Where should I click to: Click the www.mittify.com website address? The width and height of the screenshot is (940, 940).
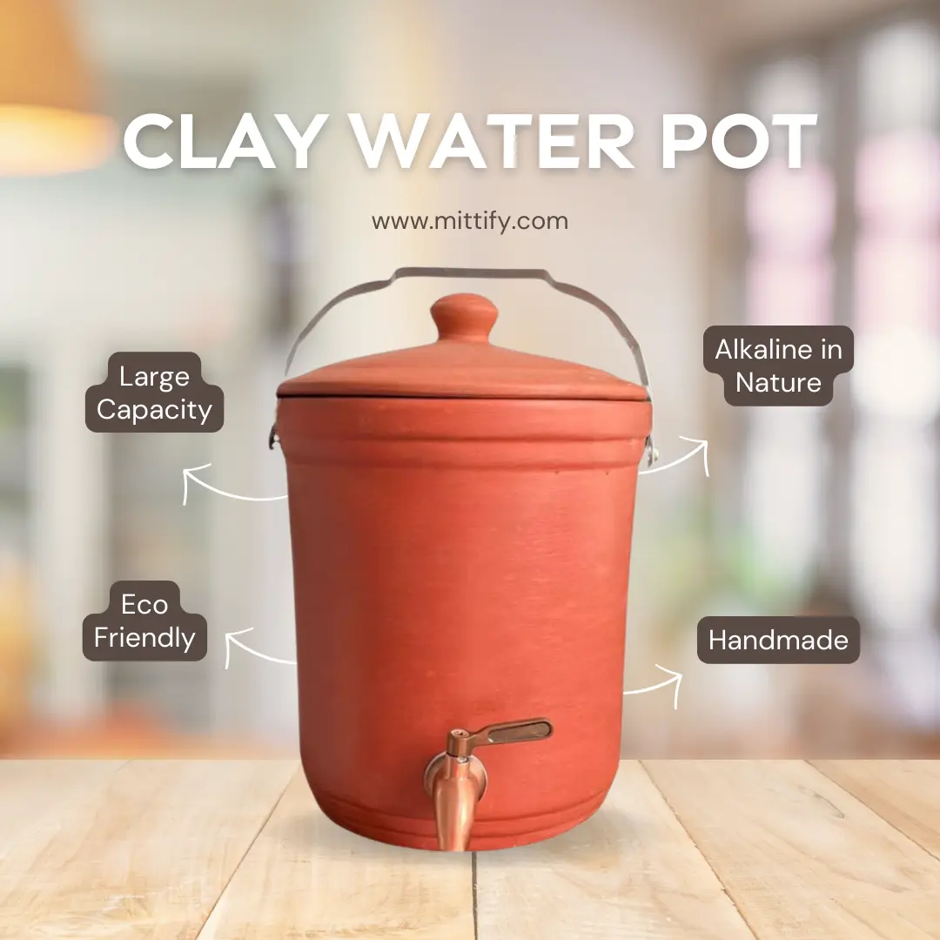470,220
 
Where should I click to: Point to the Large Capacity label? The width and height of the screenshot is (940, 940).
155,393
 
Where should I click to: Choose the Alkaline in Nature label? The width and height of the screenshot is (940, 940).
778,366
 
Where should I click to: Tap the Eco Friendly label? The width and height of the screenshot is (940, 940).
144,621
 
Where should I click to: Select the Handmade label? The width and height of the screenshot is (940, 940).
778,640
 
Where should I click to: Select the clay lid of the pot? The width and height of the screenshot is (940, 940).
463,359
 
